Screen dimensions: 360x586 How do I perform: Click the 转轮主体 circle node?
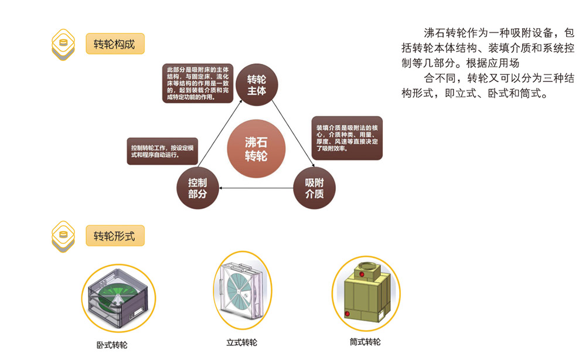(256, 85)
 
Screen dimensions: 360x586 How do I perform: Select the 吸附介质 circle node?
(315, 188)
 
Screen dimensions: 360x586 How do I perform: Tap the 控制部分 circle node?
(197, 188)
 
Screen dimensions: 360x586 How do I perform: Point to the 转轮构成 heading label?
(114, 45)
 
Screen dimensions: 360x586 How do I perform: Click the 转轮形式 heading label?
(114, 236)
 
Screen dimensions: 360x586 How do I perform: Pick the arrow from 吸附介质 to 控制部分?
(256, 188)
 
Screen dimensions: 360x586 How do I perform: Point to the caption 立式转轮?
(241, 342)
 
